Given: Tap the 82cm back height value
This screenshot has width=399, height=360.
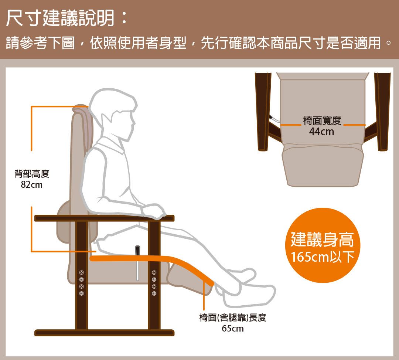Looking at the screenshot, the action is click(31, 184).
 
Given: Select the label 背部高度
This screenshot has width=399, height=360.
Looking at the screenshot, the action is click(32, 174).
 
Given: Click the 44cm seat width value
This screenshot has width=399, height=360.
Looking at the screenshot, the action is click(322, 132).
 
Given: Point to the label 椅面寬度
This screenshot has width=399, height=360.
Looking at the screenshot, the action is click(322, 121).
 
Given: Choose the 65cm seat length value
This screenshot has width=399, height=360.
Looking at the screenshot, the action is click(233, 329).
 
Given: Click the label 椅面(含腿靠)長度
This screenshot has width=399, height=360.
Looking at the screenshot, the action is click(233, 317).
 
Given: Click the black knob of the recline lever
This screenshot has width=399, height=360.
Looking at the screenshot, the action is click(137, 250).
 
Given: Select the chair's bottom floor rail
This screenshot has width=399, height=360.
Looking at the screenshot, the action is click(104, 333).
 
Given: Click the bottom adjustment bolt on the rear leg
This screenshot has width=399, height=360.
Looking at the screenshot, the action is click(81, 293).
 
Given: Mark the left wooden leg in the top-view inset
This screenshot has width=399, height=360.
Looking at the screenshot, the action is click(263, 112).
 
